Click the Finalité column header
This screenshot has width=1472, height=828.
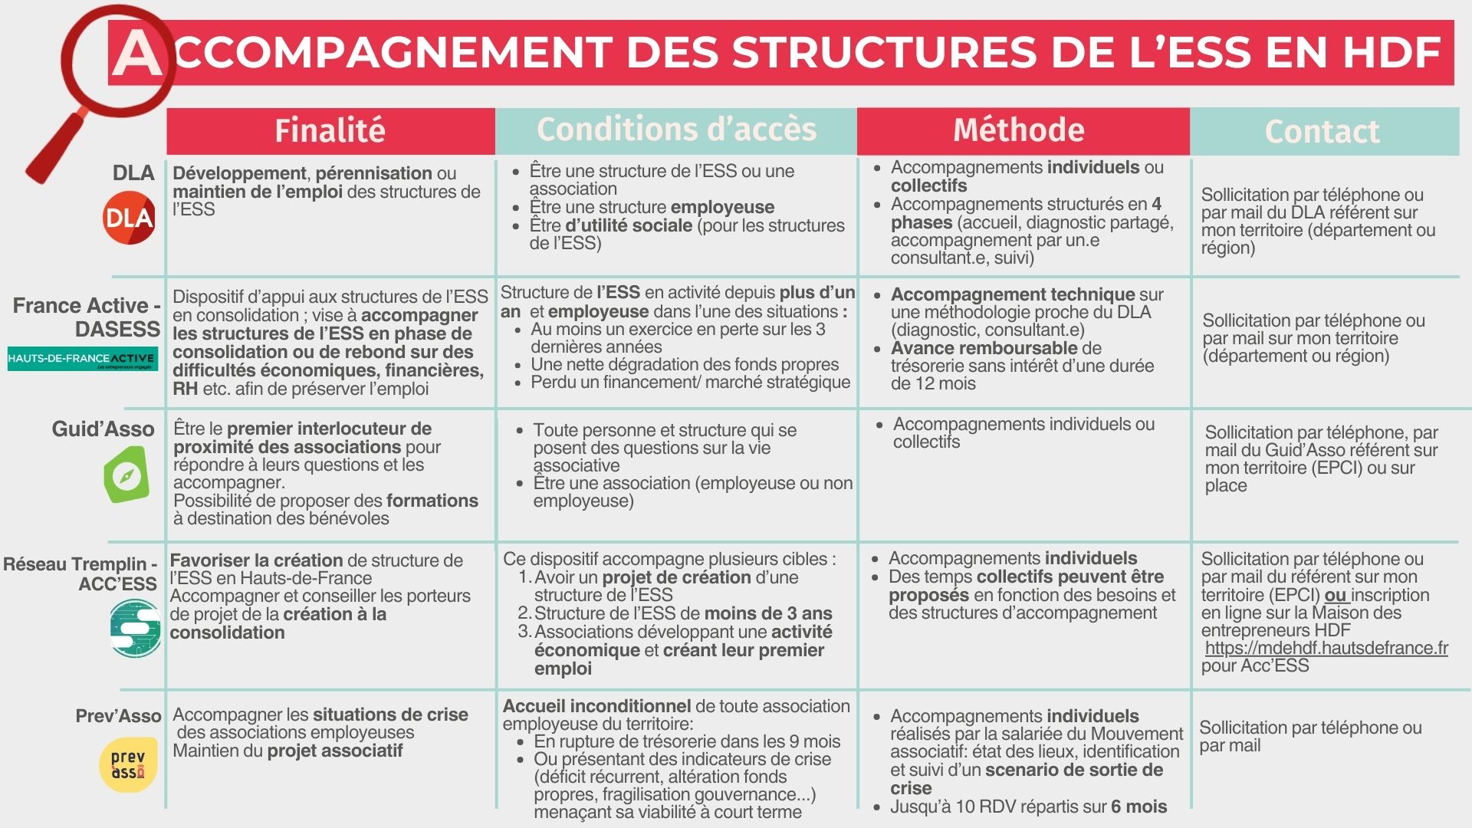click(x=330, y=131)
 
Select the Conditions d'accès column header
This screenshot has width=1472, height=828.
click(x=676, y=130)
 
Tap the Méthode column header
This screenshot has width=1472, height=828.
click(x=1019, y=130)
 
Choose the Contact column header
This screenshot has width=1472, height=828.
click(x=1322, y=132)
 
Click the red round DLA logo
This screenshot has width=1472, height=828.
click(x=129, y=219)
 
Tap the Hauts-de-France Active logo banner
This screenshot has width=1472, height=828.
click(x=83, y=359)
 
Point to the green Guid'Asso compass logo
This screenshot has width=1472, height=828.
click(x=126, y=475)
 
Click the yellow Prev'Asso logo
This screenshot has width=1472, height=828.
click(x=128, y=764)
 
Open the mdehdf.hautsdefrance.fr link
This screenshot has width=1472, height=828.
click(x=1326, y=649)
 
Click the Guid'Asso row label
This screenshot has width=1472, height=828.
click(x=103, y=429)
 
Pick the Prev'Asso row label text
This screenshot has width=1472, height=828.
click(x=118, y=716)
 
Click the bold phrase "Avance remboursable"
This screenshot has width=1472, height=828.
click(x=984, y=348)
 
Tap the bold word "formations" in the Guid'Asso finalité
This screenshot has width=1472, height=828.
click(x=432, y=501)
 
